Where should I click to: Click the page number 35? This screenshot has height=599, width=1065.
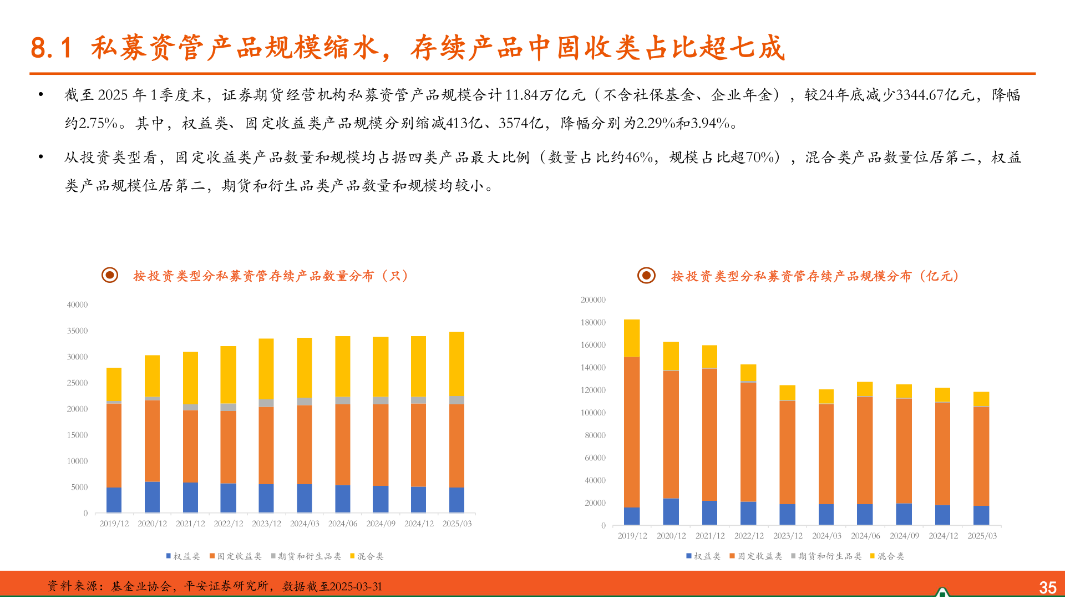coord(1047,587)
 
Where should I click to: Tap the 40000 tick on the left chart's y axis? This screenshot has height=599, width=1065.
coord(77,304)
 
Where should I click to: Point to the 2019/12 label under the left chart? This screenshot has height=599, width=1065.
coord(114,524)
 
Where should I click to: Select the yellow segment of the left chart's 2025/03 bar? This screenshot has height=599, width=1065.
coord(457,363)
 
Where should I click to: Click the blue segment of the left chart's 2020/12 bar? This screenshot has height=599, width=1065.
coord(152,497)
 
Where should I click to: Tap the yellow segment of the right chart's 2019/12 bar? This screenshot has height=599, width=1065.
coord(632,338)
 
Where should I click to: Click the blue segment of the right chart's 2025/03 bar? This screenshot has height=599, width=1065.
coord(981,515)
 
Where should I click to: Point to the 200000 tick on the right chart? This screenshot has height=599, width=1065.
coord(593,300)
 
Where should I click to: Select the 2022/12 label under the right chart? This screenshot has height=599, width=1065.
coord(749,536)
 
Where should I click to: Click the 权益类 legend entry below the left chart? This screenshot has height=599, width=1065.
coord(183,556)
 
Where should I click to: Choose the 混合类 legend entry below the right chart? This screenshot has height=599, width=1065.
coord(887,556)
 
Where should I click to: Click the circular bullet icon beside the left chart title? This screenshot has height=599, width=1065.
coord(110,275)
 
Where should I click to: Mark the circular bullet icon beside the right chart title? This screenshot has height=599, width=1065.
coord(646,275)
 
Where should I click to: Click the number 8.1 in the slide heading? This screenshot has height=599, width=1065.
coord(51,48)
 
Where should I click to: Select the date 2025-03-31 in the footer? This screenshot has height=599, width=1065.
coord(356,587)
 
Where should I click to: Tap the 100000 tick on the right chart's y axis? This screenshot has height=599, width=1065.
coord(593,413)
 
